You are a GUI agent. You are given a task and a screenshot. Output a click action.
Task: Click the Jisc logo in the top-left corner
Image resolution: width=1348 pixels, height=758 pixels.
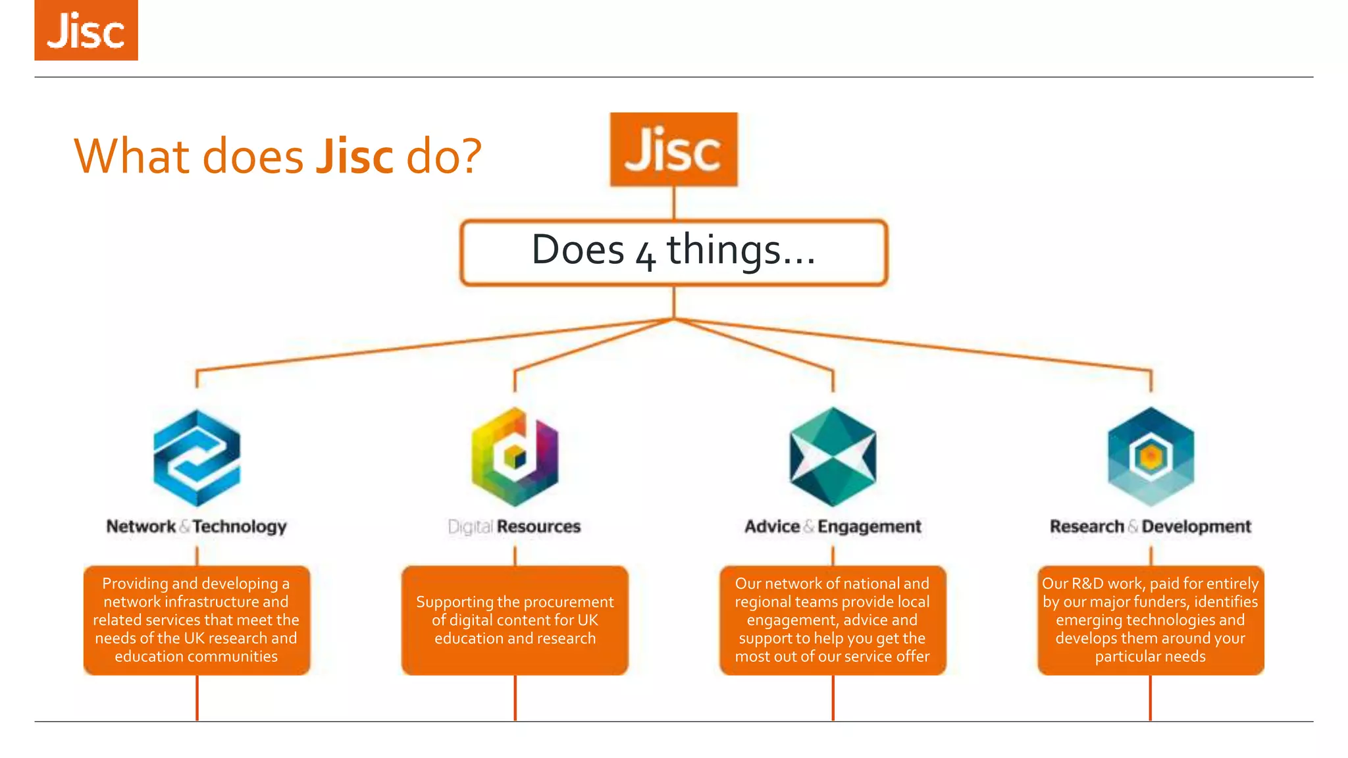click(x=86, y=30)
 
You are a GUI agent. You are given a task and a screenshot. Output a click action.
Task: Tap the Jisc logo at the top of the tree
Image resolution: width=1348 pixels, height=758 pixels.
click(x=673, y=149)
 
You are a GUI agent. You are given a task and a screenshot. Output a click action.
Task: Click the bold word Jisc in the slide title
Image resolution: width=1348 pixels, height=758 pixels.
click(x=354, y=157)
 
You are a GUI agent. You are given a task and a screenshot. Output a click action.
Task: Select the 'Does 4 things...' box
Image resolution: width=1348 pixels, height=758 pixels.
click(x=673, y=253)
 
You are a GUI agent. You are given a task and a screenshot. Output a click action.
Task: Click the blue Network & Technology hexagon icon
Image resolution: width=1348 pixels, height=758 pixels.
click(x=197, y=458)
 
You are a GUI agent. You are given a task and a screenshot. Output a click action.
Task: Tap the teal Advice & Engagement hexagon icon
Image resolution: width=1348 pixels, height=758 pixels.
click(x=833, y=457)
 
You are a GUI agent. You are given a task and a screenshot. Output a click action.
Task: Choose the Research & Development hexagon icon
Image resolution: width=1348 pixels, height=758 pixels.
click(x=1151, y=457)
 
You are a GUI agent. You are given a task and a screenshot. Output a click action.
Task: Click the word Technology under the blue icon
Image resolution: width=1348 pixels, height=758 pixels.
click(x=240, y=526)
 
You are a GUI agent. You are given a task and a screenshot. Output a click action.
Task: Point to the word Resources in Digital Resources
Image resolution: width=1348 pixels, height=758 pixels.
click(x=538, y=526)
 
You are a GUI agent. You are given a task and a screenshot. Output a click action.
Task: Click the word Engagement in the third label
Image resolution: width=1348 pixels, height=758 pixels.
click(x=869, y=526)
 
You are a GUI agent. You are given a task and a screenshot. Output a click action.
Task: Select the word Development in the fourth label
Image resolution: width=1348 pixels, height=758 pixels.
click(x=1196, y=526)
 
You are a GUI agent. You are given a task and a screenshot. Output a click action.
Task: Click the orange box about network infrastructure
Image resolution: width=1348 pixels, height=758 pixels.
click(x=197, y=620)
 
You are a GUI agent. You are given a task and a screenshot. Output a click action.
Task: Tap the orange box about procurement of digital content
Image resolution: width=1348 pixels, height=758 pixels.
click(x=515, y=620)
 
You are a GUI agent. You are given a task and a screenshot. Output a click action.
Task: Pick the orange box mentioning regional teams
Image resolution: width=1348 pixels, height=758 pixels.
click(x=833, y=620)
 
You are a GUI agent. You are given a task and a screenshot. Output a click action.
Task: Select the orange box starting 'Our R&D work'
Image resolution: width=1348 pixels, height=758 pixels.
click(x=1151, y=620)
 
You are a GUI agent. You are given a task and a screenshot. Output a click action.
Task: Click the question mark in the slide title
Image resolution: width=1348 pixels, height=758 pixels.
click(x=470, y=157)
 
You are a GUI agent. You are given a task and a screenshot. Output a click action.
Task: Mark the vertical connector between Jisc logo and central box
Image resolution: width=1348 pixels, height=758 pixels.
click(x=673, y=203)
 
